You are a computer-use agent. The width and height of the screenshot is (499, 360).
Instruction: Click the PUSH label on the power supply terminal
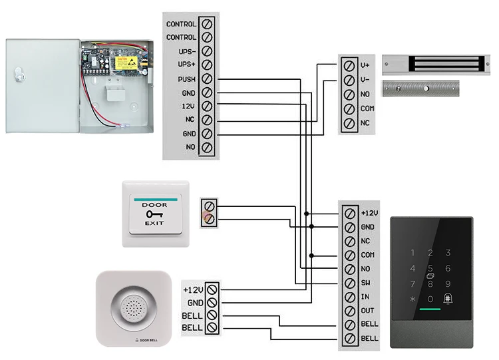coord(186,79)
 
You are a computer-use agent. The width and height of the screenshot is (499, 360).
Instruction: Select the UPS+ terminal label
coord(186,65)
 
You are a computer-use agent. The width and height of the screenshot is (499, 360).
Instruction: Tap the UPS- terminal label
coord(186,51)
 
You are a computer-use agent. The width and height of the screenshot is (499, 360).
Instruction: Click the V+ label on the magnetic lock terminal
coord(365,65)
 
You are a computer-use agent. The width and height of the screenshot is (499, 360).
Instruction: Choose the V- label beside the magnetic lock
coord(365,80)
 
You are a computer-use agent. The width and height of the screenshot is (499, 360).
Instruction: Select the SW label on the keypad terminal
coord(365,283)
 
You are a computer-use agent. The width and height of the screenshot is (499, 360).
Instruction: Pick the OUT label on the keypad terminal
coord(367,311)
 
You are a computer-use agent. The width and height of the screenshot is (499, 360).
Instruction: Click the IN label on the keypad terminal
coord(364,297)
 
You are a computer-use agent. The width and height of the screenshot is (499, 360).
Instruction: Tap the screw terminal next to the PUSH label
coord(207,79)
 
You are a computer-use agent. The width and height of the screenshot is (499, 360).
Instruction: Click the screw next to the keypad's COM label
coord(350,255)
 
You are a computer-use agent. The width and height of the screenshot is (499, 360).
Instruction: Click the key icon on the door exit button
coord(154,214)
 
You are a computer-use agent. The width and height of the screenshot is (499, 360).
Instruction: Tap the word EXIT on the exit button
coord(155,223)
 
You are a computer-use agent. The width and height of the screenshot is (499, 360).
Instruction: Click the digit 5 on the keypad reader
coord(430,268)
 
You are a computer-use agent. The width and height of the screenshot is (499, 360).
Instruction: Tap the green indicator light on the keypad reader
coord(430,310)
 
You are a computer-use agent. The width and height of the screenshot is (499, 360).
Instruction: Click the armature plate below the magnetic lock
coord(420,88)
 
